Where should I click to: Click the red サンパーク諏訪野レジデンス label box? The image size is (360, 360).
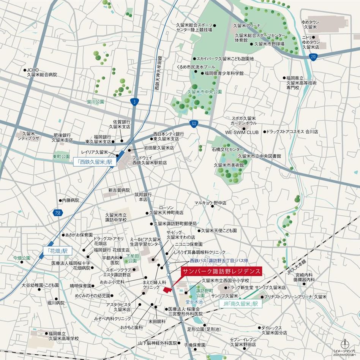(221, 272)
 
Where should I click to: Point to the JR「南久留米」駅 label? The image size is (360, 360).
(241, 304)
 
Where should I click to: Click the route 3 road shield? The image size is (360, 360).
(136, 101)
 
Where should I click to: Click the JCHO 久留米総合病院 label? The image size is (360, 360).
(42, 73)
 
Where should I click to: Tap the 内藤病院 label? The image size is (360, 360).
(70, 200)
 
